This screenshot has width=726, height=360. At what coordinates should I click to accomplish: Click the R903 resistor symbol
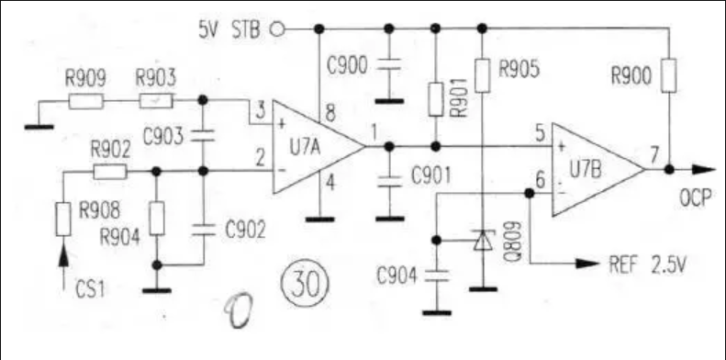point(155,100)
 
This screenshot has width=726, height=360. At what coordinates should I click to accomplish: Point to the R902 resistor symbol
point(110,171)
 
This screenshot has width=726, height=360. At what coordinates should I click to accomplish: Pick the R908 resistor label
point(97,209)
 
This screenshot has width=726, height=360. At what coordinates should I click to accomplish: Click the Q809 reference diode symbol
point(480,241)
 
